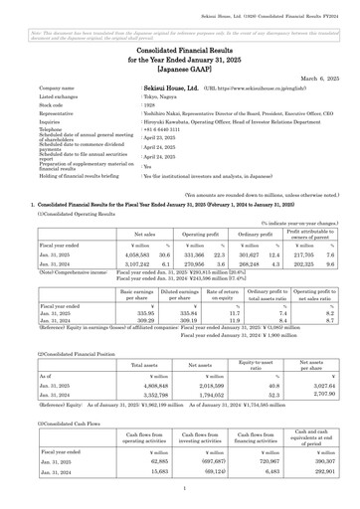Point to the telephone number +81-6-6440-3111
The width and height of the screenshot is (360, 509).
(162, 129)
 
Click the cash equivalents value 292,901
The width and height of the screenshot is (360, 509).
(315, 471)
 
